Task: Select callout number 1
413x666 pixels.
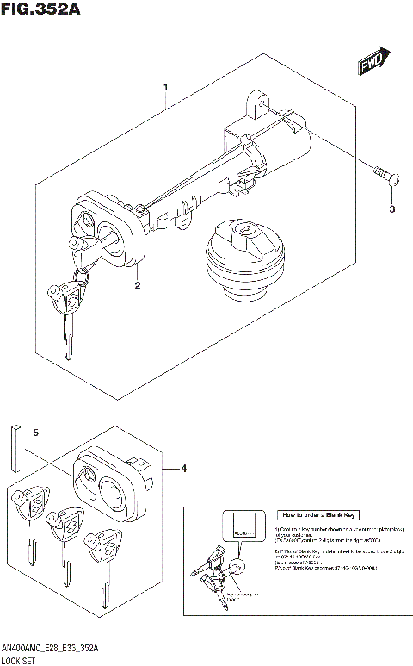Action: pyautogui.click(x=165, y=87)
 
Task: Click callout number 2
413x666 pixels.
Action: pyautogui.click(x=136, y=283)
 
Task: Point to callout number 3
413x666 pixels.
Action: pyautogui.click(x=391, y=209)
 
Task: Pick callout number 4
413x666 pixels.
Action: pyautogui.click(x=183, y=469)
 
